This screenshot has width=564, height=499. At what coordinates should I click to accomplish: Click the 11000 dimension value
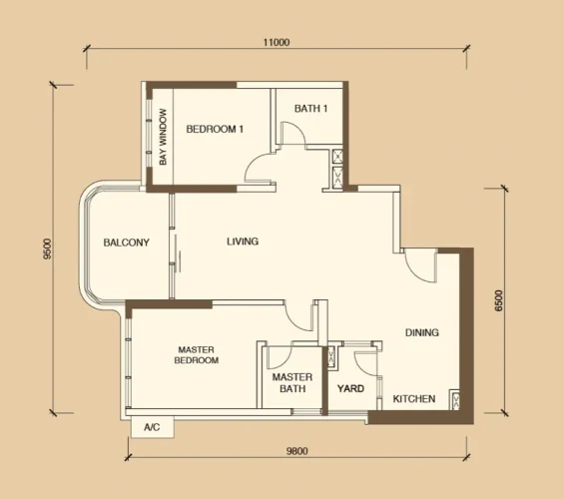pyautogui.click(x=277, y=43)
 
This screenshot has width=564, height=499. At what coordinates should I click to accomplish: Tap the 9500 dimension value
pyautogui.click(x=48, y=249)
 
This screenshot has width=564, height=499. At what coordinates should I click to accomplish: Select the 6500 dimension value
pyautogui.click(x=500, y=300)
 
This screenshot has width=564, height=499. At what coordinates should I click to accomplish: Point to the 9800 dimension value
pyautogui.click(x=297, y=451)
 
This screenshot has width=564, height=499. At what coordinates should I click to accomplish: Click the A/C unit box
pyautogui.click(x=152, y=427)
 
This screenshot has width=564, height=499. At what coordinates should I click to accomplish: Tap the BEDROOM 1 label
pyautogui.click(x=215, y=129)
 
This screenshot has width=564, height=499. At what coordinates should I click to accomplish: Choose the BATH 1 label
pyautogui.click(x=310, y=108)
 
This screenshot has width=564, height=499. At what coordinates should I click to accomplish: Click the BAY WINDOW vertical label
pyautogui.click(x=163, y=137)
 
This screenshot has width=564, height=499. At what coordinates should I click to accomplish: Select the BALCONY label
pyautogui.click(x=126, y=243)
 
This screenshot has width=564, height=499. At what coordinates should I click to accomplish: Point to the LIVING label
pyautogui.click(x=243, y=241)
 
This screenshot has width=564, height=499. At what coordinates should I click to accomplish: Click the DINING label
pyautogui.click(x=422, y=332)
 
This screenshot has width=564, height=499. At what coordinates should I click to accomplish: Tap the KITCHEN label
pyautogui.click(x=414, y=398)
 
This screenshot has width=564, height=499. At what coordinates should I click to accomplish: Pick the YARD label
pyautogui.click(x=350, y=388)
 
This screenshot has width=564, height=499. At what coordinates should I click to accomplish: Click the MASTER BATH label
pyautogui.click(x=292, y=383)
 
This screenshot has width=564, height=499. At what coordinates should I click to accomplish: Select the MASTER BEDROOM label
pyautogui.click(x=197, y=355)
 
